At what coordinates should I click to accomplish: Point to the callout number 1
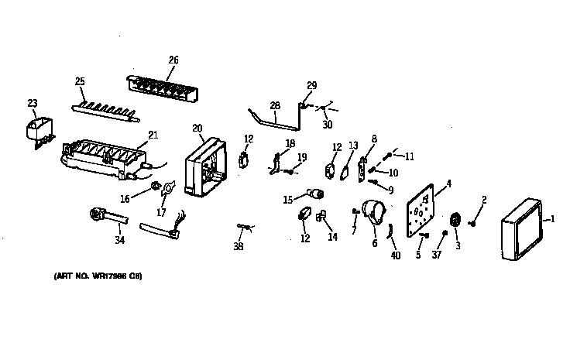click(552, 219)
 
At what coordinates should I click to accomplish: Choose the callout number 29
click(311, 84)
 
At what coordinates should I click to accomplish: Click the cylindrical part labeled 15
click(315, 193)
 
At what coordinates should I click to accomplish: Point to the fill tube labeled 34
click(103, 214)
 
